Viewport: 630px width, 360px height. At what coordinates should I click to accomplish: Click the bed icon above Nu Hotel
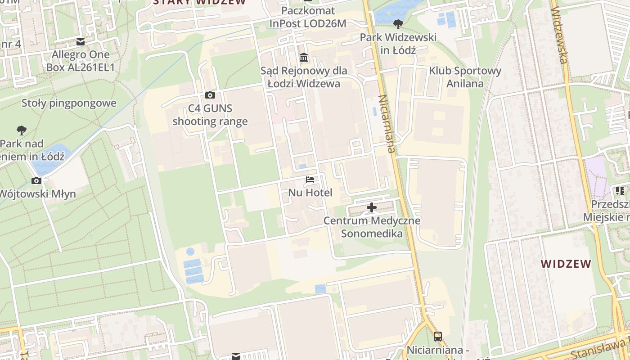[x=310, y=179]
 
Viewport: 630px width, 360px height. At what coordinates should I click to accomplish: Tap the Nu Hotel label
[x=310, y=193]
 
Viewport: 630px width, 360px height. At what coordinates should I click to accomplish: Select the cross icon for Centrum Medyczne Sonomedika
[x=372, y=207]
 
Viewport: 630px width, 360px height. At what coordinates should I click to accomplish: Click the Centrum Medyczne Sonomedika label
[x=372, y=227]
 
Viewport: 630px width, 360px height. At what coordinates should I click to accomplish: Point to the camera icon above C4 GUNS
[x=210, y=95]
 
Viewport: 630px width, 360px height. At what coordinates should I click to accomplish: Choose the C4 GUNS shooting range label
[x=210, y=115]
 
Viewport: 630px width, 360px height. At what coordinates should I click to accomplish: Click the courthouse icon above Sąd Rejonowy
[x=304, y=58]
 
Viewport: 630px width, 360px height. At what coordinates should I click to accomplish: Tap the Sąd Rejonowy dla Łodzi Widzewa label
[x=304, y=77]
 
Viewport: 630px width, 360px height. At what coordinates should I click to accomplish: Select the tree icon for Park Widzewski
[x=398, y=24]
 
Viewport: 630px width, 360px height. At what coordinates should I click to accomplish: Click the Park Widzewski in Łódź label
[x=398, y=43]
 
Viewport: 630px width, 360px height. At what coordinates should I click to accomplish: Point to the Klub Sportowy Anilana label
[x=465, y=77]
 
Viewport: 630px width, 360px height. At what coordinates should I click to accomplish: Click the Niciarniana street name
[x=387, y=124]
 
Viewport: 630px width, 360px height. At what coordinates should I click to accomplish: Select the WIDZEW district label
[x=566, y=264]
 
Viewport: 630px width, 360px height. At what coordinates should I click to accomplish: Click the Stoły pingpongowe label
[x=69, y=103]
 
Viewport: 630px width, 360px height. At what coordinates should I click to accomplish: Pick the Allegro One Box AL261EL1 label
[x=81, y=61]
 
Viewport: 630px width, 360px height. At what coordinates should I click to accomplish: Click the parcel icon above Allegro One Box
[x=81, y=42]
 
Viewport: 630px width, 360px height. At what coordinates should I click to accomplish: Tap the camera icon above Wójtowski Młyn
[x=36, y=181]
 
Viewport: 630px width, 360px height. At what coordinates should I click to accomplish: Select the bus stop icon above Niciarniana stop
[x=437, y=336]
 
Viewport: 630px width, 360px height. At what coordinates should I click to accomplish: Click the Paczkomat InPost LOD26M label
[x=308, y=17]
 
